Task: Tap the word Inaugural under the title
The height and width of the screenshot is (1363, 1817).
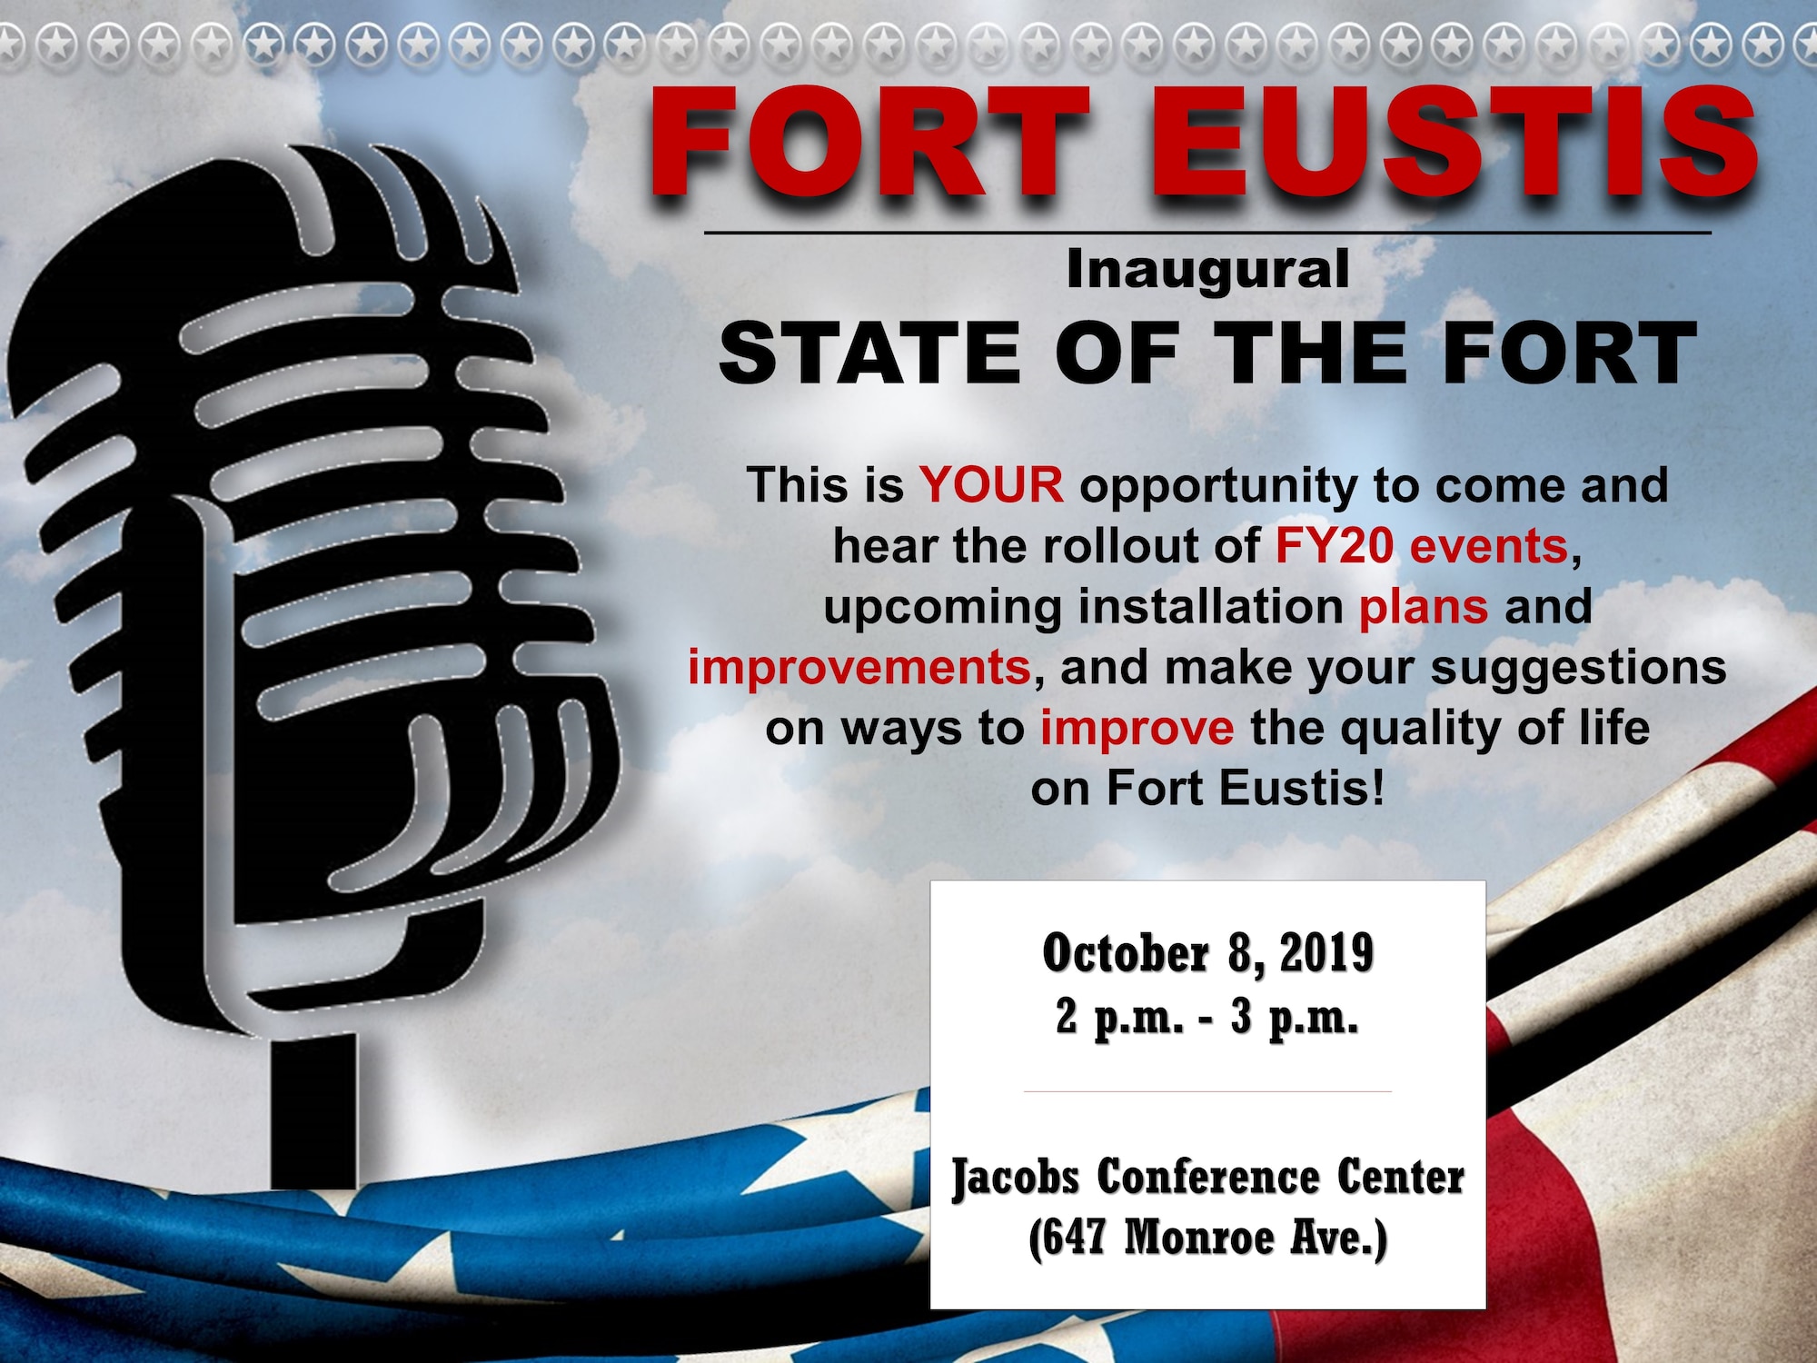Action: [1207, 270]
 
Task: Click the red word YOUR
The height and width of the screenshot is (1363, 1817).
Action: [991, 484]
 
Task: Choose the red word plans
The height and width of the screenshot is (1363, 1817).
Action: [1424, 608]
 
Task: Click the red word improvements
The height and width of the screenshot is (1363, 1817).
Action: [859, 668]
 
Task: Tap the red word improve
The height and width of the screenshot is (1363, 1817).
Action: [1137, 729]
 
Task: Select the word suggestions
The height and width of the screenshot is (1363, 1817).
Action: [1579, 668]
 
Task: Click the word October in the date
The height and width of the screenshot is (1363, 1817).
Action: [1126, 953]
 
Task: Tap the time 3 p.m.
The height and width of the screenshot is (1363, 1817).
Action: [1295, 1018]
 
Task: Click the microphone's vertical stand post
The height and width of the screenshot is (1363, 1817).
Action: [313, 1110]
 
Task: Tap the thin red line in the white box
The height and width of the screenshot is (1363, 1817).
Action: [1207, 1091]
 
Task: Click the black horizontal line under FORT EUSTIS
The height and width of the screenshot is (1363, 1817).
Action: [1207, 233]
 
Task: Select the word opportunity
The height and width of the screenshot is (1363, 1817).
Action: [1218, 486]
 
